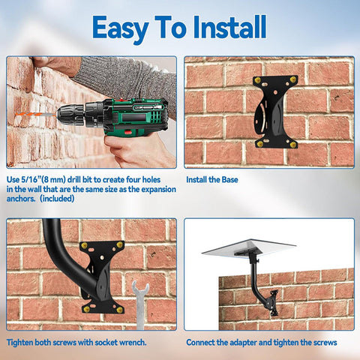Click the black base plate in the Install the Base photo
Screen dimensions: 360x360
pos(274,112)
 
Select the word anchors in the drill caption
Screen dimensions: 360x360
pos(22,199)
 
